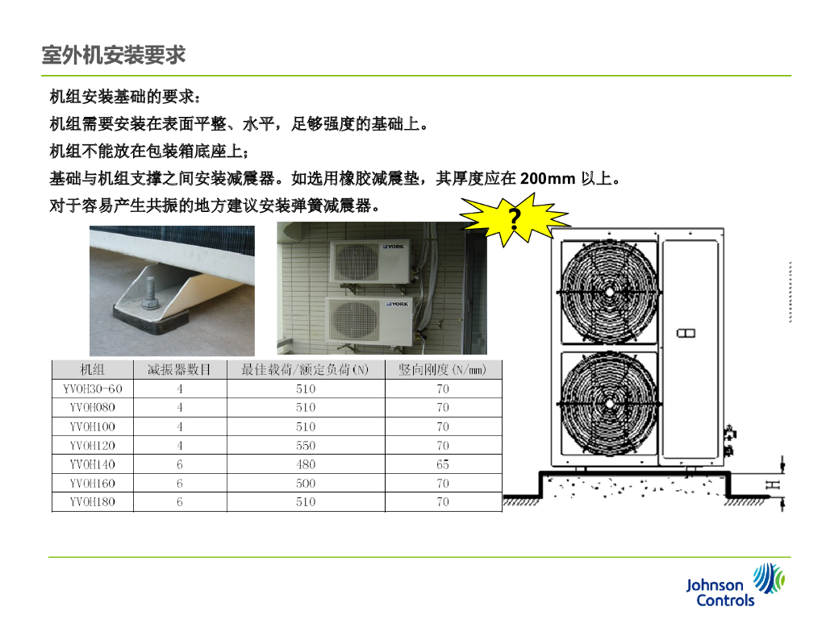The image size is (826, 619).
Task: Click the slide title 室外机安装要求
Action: (114, 55)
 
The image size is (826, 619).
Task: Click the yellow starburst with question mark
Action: (514, 219)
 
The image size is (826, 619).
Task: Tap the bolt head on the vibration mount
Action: (151, 304)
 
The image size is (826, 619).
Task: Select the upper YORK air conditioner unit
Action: (369, 262)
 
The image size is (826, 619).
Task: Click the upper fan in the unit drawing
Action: (610, 291)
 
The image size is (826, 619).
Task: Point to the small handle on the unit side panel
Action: (686, 333)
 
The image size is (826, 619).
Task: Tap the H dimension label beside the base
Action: (772, 484)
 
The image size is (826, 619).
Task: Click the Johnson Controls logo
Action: (736, 585)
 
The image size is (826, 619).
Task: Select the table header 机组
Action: (92, 369)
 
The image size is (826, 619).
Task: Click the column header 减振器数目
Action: (179, 369)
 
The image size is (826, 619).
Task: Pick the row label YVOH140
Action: (92, 464)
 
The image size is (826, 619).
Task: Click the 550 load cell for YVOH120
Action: (306, 445)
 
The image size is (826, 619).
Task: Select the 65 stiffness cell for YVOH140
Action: (443, 464)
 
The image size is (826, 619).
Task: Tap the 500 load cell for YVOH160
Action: (306, 484)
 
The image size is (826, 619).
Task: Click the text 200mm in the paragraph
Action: (548, 178)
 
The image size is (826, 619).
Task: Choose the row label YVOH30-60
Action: (92, 389)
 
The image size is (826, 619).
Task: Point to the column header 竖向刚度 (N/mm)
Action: (443, 369)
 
